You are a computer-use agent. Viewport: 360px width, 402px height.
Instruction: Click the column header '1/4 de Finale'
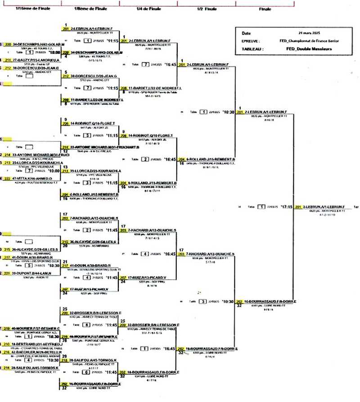point(148,9)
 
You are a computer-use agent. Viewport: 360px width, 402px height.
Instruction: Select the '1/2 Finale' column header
point(207,9)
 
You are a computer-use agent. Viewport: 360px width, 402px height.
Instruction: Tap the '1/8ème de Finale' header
point(90,9)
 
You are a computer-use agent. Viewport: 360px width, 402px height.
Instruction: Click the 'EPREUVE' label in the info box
point(252,41)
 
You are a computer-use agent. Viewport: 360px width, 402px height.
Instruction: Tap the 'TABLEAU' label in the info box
point(252,49)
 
